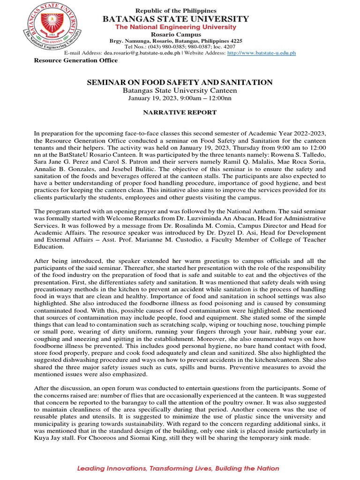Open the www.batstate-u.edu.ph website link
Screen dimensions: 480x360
coord(261,53)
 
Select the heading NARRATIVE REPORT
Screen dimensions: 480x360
coord(180,112)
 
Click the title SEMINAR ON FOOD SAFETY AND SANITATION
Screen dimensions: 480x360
coord(180,82)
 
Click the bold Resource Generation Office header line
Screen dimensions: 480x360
coord(75,60)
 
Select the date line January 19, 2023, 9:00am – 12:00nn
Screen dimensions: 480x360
coord(180,98)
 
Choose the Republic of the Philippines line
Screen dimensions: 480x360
coord(176,10)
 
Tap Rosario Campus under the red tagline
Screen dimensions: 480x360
coord(176,35)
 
